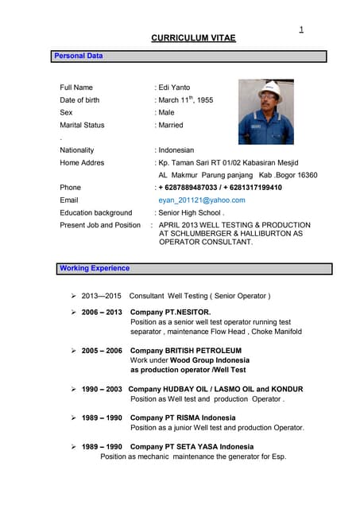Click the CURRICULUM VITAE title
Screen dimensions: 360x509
[x=193, y=37]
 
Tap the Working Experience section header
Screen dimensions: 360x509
[x=95, y=268]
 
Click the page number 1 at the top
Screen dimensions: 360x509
[x=301, y=29]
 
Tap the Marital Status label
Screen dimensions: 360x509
[x=82, y=125]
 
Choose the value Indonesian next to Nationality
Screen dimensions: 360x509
[x=176, y=150]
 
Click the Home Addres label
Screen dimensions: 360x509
[x=82, y=162]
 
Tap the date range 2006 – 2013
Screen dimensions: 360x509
[x=102, y=312]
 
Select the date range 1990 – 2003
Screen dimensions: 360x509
[x=102, y=390]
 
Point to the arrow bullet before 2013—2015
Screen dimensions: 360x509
[x=73, y=296]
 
